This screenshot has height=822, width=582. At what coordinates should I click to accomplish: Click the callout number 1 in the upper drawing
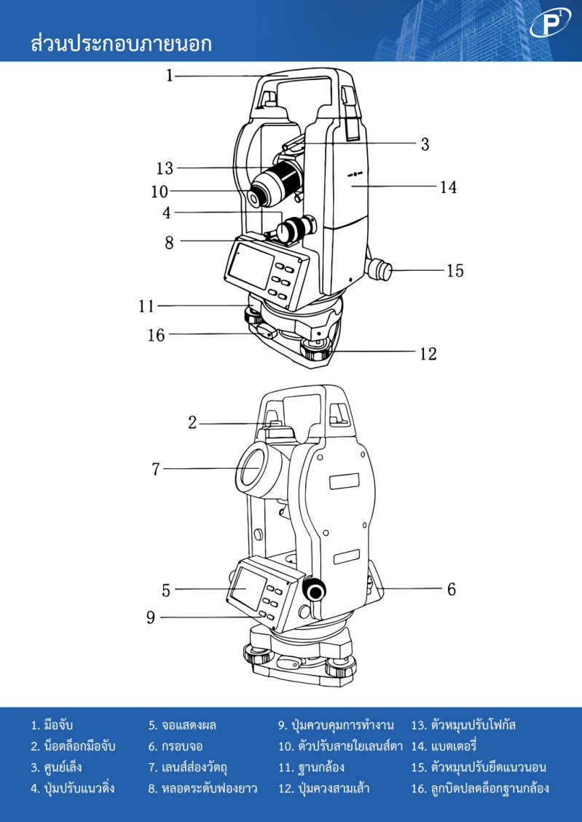tap(169, 75)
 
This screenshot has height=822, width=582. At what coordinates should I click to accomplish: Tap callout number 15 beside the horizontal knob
tap(455, 271)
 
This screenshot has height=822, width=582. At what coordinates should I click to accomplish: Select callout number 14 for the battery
tap(447, 187)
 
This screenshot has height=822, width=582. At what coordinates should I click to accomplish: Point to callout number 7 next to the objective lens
tap(155, 469)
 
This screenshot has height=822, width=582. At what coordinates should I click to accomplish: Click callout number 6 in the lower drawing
tap(451, 589)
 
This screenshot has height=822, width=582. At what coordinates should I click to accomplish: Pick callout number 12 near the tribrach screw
tap(428, 354)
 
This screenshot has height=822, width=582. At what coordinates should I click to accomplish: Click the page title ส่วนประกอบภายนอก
tap(121, 44)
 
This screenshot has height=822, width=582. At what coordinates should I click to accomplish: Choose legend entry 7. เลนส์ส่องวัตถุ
tap(197, 767)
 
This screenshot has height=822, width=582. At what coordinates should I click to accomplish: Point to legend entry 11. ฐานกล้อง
tap(311, 767)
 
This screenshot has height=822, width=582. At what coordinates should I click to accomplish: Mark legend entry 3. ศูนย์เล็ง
tap(56, 767)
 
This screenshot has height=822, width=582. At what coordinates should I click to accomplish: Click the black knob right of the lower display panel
tap(315, 591)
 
